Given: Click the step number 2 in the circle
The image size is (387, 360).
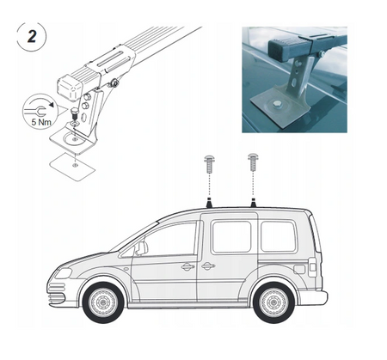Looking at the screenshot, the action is click(x=32, y=37).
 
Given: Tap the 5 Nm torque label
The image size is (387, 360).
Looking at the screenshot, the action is click(x=41, y=122).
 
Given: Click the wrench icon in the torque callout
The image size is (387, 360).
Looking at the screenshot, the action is click(x=34, y=111).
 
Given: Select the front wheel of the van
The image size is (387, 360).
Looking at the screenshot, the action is click(x=103, y=302).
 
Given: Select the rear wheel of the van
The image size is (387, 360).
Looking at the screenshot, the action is click(x=273, y=302).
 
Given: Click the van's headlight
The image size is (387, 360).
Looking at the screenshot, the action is click(x=63, y=273).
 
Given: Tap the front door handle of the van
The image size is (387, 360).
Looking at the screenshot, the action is click(x=187, y=267).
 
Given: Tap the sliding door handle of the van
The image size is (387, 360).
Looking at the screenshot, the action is click(x=208, y=266).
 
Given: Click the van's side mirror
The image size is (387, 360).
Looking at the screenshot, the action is click(x=141, y=248).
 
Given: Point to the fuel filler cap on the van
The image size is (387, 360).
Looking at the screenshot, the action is click(x=299, y=269).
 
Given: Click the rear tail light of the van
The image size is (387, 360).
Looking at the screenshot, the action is click(x=312, y=267).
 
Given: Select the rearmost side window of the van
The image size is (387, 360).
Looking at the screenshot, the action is click(x=278, y=236).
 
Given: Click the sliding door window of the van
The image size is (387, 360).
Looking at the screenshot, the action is click(x=232, y=237).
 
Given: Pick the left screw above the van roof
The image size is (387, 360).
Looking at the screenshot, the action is click(x=209, y=164).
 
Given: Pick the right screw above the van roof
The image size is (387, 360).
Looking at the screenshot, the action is click(x=253, y=162).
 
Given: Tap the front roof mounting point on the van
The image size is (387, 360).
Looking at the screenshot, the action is click(x=209, y=203).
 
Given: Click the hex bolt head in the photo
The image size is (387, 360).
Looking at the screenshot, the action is click(x=277, y=104).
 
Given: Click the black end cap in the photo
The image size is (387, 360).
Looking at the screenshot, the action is click(x=282, y=50).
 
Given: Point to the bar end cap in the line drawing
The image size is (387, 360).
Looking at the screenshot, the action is click(x=69, y=87).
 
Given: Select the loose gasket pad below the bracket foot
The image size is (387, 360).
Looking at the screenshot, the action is click(x=72, y=167).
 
